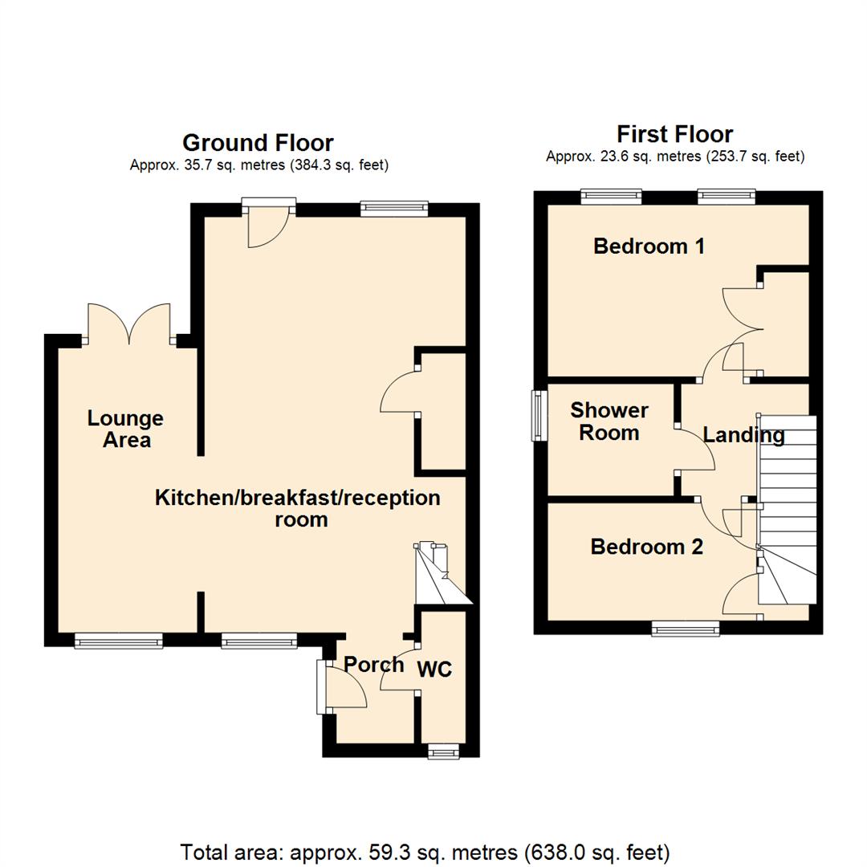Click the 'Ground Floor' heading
pyautogui.click(x=258, y=143)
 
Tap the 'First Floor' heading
pyautogui.click(x=674, y=133)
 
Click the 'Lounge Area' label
pyautogui.click(x=126, y=429)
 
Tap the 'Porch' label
pyautogui.click(x=373, y=664)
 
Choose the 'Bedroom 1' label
pyautogui.click(x=649, y=246)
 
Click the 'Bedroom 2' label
pyautogui.click(x=646, y=547)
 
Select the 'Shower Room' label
pyautogui.click(x=609, y=421)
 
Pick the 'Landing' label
pyautogui.click(x=743, y=435)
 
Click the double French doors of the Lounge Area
pyautogui.click(x=129, y=324)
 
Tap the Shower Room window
pyautogui.click(x=535, y=415)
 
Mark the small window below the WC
pyautogui.click(x=442, y=751)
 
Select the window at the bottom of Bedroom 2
pyautogui.click(x=685, y=629)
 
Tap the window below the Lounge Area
pyautogui.click(x=119, y=640)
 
